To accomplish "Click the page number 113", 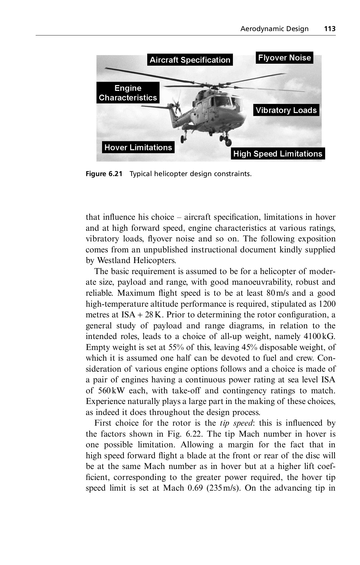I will [x=330, y=29].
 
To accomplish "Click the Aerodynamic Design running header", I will [x=274, y=29].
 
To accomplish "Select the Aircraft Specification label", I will [x=190, y=60].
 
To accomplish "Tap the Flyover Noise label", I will [x=284, y=58].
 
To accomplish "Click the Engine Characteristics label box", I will [x=128, y=93].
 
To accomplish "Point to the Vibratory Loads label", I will [x=286, y=110].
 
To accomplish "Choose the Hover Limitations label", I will [x=138, y=148].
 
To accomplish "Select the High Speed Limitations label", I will [x=278, y=154].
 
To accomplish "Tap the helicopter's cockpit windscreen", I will [x=223, y=101].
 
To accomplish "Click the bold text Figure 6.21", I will [x=104, y=174].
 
